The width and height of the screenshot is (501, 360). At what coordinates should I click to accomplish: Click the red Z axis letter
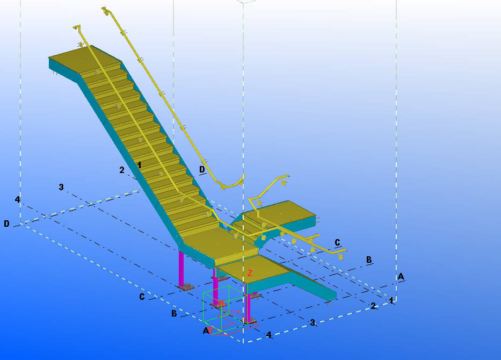point(250,273)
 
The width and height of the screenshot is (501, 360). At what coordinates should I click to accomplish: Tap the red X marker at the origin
point(221,303)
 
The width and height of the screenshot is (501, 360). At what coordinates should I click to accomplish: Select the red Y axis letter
point(210,329)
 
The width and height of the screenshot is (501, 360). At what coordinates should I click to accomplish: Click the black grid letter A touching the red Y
point(206,330)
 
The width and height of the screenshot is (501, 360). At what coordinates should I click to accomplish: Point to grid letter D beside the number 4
point(6,224)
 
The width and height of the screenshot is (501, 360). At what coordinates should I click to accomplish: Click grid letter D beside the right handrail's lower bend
point(202,169)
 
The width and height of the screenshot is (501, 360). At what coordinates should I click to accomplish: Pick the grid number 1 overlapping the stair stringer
point(139,165)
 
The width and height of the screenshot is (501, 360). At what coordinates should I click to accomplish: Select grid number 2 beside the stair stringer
point(122,170)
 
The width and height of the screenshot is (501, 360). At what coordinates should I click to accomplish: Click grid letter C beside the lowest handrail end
point(337,242)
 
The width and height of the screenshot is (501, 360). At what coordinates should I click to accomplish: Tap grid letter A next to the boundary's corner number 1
point(401,276)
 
